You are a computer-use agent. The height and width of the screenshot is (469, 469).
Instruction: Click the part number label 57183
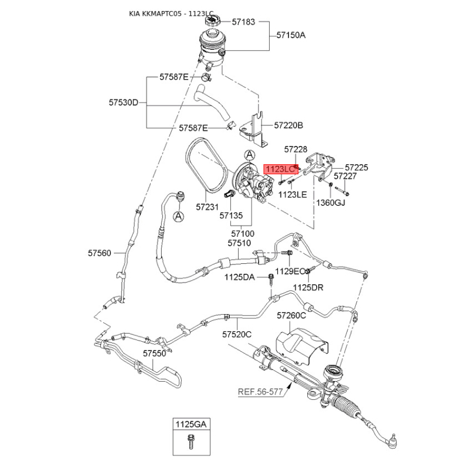[x=243, y=22]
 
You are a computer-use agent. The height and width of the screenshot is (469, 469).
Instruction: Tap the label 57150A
[x=291, y=35]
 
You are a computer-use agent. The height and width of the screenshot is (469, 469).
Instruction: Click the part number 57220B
[x=288, y=125]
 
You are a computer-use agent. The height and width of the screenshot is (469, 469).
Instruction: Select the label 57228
[x=295, y=150]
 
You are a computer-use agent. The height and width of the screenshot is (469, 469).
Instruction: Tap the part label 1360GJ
[x=331, y=203]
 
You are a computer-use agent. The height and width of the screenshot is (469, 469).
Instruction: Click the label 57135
[x=231, y=215]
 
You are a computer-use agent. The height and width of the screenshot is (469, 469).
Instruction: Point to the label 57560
[x=100, y=253]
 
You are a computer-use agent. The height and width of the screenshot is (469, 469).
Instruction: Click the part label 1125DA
[x=240, y=277]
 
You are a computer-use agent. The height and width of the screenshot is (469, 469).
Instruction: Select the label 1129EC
[x=291, y=271]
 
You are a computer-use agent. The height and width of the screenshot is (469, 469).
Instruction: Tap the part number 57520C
[x=236, y=334]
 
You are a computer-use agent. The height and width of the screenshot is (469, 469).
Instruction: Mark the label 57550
[x=154, y=354]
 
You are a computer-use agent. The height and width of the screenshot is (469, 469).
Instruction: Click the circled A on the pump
[x=250, y=155]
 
